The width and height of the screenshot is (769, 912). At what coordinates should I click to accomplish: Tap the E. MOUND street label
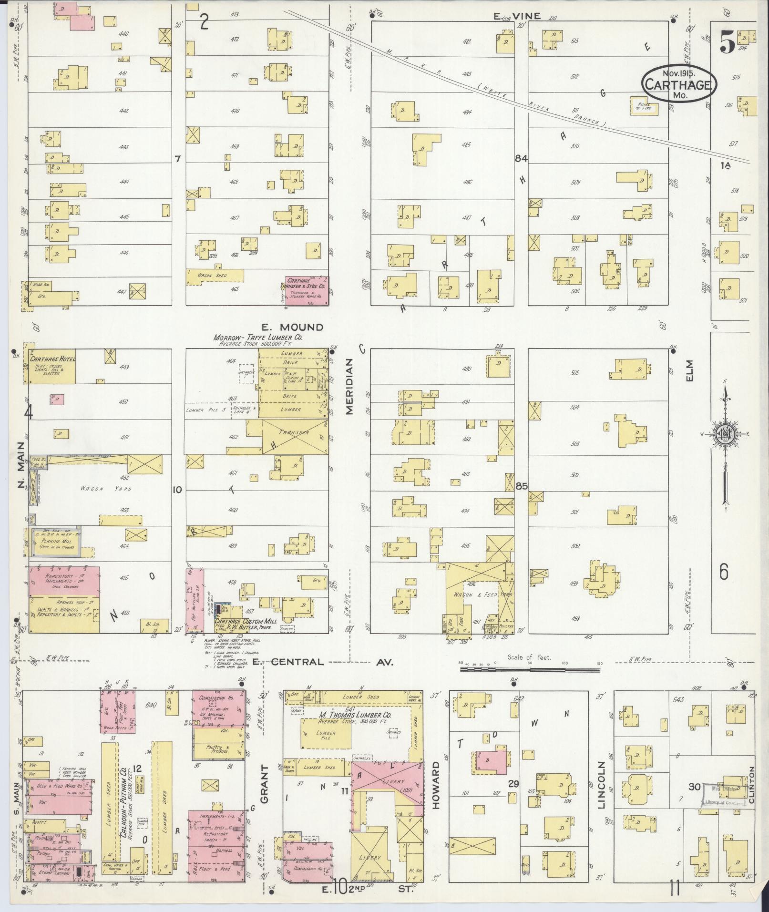(x=292, y=327)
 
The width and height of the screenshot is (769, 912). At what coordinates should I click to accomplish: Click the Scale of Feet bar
(x=530, y=669)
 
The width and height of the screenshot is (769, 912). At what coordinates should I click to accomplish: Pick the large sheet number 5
(x=727, y=43)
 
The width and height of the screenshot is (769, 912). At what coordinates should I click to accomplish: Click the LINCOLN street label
(x=601, y=792)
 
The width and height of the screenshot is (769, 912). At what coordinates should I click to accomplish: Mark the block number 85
(x=522, y=486)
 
